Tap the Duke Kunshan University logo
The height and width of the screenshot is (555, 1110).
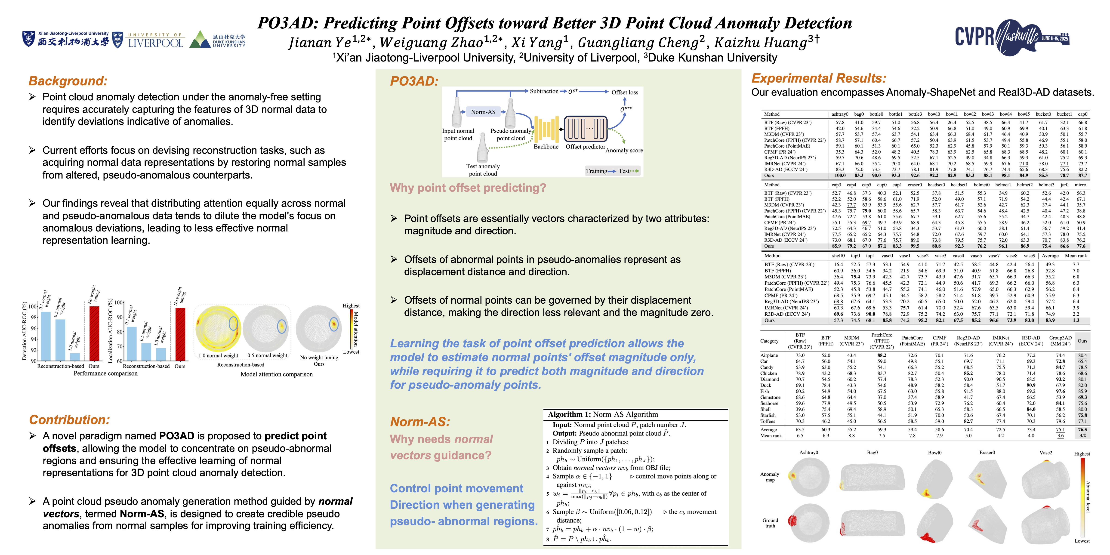pyautogui.click(x=218, y=40)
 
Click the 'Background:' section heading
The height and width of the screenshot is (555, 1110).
pyautogui.click(x=68, y=81)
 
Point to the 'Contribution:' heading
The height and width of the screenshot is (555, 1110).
pyautogui.click(x=69, y=420)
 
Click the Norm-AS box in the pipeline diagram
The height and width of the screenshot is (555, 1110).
pyautogui.click(x=483, y=112)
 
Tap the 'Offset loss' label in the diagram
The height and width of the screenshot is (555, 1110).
pyautogui.click(x=624, y=92)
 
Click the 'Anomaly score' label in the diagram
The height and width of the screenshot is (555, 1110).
pyautogui.click(x=624, y=150)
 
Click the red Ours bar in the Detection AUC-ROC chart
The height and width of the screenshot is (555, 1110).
pyautogui.click(x=94, y=333)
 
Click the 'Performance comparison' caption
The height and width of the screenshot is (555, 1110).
pyautogui.click(x=106, y=374)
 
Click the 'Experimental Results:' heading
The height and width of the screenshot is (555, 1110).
pyautogui.click(x=819, y=78)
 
